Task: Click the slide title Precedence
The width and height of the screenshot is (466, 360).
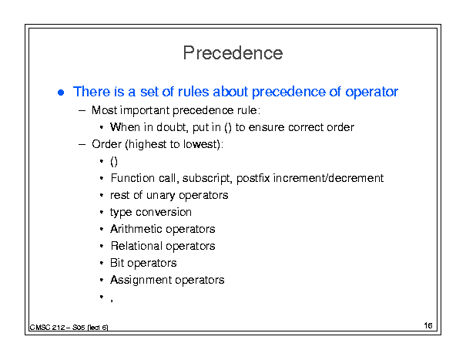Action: pos(233,53)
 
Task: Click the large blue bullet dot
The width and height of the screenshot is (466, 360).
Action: pos(61,93)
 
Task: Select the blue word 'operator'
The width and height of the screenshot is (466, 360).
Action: pos(371,93)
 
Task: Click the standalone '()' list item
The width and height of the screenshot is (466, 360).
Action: pos(114,162)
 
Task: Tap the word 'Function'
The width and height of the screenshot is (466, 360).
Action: pos(132,178)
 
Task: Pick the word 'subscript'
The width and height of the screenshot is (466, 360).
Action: pos(207,179)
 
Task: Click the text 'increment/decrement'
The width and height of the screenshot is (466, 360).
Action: pos(328,178)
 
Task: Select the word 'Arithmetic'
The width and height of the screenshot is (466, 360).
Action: pos(136,229)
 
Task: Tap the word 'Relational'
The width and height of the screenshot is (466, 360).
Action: pos(136,246)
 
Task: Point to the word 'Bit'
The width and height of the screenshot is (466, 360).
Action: pos(117,263)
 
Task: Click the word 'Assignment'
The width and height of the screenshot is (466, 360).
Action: pos(141,281)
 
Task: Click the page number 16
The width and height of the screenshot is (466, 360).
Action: pos(428,325)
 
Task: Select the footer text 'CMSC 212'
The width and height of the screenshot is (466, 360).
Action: pos(47,328)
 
